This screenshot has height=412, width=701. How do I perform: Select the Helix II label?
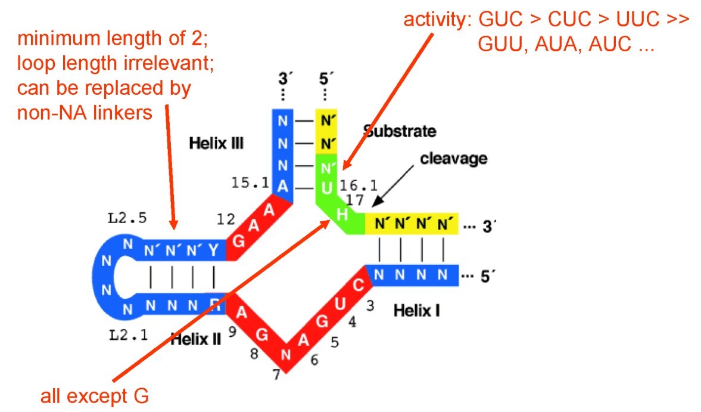196,339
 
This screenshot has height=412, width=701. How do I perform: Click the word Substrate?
400,131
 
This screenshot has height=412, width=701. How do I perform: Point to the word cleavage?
454,159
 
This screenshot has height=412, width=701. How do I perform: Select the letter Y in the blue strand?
213,250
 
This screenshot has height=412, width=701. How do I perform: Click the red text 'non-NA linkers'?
85,111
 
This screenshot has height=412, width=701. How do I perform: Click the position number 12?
226,221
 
